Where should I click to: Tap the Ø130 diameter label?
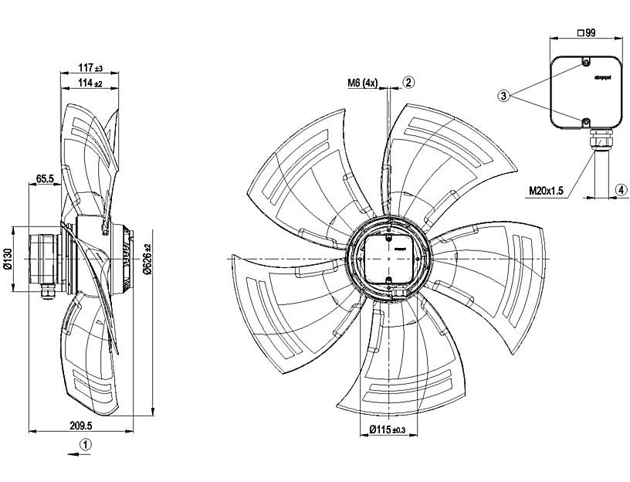click(8, 259)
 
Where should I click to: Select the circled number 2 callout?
click(409, 80)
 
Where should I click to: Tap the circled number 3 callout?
click(503, 96)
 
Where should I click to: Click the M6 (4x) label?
click(362, 81)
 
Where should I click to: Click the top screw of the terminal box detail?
click(585, 61)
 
